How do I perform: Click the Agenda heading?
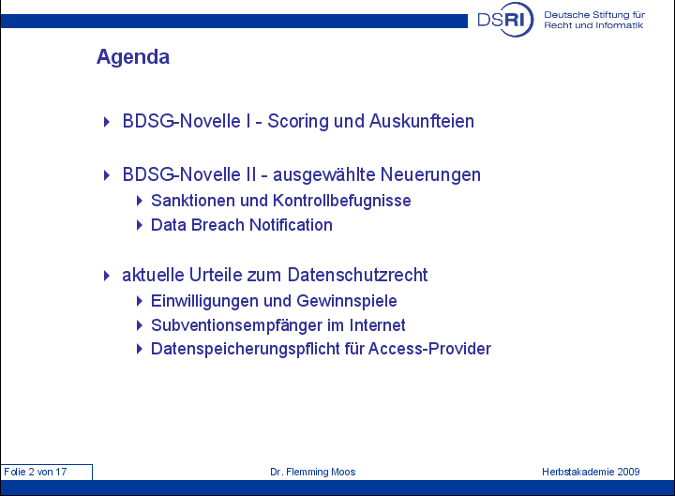[x=133, y=57]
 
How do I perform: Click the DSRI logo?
[x=505, y=20]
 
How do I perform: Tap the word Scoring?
[x=298, y=122]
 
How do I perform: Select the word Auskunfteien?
[x=422, y=121]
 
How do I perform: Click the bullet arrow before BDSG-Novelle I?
[x=107, y=122]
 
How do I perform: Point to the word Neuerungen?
[x=430, y=175]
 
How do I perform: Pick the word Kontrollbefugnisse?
[x=342, y=201]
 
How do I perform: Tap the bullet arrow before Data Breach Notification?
[x=139, y=225]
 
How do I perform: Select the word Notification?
[x=291, y=225]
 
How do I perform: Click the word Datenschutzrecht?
[x=357, y=275]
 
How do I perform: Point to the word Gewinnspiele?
[x=347, y=301]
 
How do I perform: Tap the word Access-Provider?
[x=429, y=349]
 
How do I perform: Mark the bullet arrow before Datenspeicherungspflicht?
[x=139, y=349]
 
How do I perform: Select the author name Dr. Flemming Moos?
[x=313, y=472]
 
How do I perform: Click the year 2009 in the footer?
[x=628, y=472]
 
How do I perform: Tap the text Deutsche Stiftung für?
[x=594, y=15]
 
